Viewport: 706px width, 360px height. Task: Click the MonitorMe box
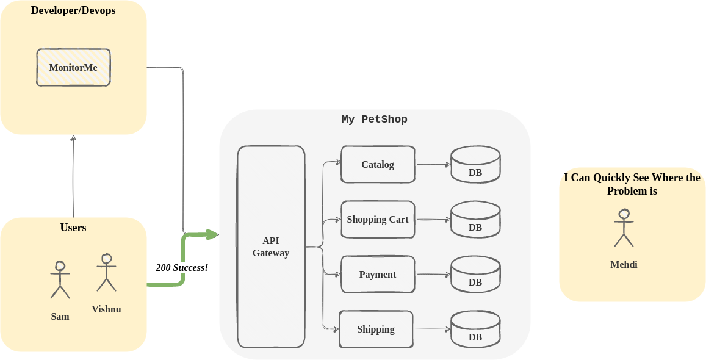73,67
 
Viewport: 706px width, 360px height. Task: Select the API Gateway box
271,247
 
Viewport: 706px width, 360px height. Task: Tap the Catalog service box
378,164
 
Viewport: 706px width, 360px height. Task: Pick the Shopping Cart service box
378,219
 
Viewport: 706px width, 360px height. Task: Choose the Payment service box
378,274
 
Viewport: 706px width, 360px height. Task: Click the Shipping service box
376,329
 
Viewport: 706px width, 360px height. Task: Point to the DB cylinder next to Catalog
475,164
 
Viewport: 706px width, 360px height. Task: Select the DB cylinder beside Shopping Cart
475,219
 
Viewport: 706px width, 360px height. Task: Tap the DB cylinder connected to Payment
475,274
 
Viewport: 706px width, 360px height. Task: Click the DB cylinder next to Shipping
475,329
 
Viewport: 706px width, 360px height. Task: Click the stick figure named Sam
60,280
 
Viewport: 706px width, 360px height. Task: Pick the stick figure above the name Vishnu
106,272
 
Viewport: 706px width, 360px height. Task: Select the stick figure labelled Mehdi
624,228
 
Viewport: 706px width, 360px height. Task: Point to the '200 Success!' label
182,267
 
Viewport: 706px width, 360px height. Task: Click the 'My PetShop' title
374,120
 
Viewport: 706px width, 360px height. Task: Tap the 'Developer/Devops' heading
73,10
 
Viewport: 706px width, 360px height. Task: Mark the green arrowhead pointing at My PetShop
212,234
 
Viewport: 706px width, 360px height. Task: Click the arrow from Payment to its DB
433,275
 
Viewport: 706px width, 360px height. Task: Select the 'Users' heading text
73,228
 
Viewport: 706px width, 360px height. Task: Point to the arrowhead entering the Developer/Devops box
73,139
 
